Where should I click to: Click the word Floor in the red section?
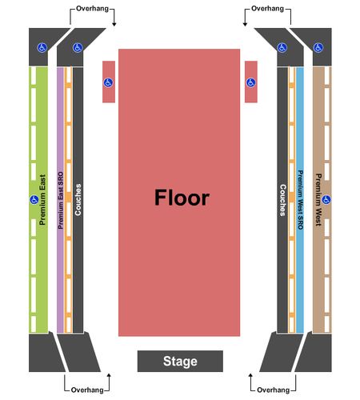[182, 198]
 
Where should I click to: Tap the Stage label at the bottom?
[180, 362]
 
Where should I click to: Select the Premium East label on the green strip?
[42, 200]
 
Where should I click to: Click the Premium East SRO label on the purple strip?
[61, 200]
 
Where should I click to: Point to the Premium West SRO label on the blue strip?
[300, 200]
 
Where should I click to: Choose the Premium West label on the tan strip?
[318, 200]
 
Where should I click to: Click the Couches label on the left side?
[78, 199]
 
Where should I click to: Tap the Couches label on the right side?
[282, 200]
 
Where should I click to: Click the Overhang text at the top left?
[92, 9]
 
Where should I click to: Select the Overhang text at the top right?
[267, 9]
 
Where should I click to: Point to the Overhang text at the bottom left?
[87, 390]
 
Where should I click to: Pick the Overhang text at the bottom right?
[274, 390]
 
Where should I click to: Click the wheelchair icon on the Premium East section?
[34, 199]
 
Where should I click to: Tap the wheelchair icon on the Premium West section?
[326, 199]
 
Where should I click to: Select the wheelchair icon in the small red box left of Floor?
[108, 82]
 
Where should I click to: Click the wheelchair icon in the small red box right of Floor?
[250, 82]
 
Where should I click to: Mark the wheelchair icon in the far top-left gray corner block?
[42, 48]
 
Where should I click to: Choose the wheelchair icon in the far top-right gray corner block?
[318, 48]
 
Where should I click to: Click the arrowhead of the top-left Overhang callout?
[114, 25]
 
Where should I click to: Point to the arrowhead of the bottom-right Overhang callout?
[250, 375]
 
